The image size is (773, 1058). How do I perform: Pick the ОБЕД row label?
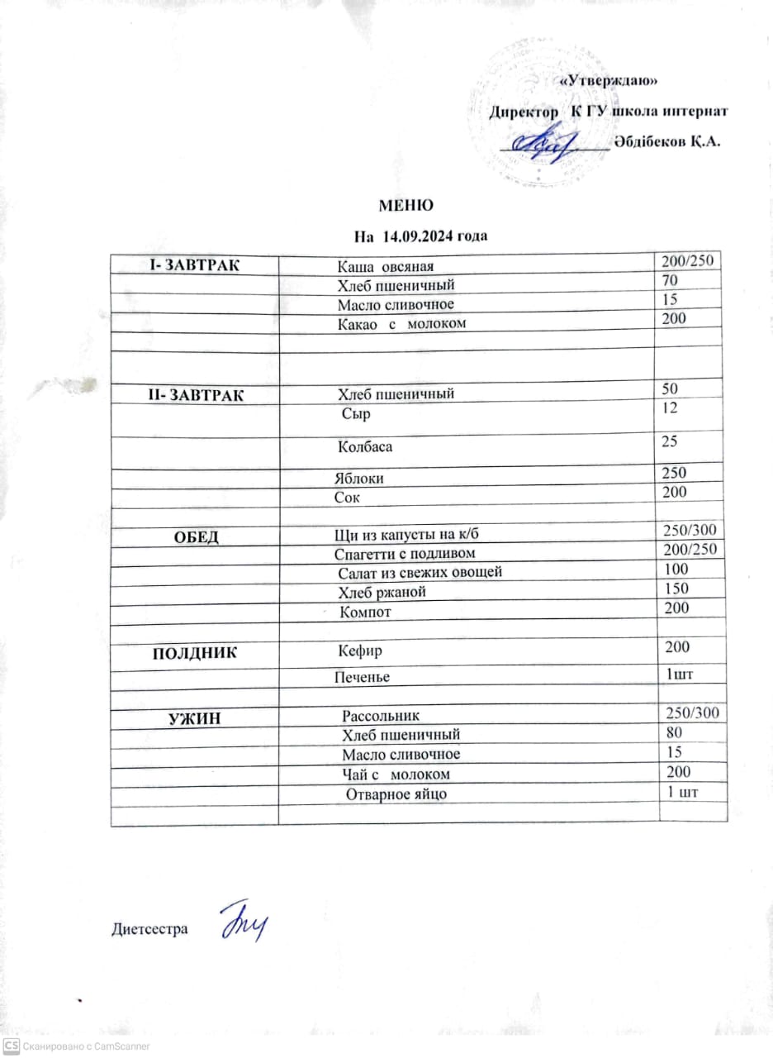[196, 537]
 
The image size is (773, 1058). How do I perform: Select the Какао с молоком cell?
[401, 323]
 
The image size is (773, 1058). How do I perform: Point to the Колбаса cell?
[364, 447]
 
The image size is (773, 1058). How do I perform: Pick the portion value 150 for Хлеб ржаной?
[676, 589]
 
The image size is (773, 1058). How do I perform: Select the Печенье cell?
[362, 677]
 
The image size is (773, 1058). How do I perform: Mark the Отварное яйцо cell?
[396, 794]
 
